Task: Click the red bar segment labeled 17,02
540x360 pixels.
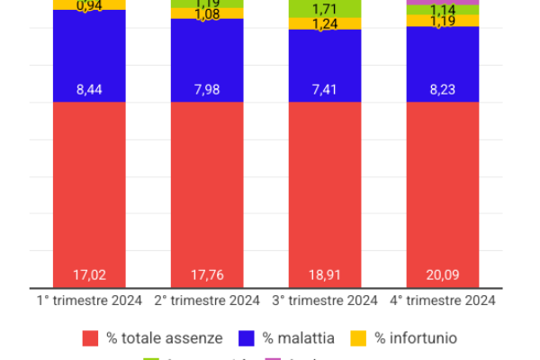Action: [x=89, y=193]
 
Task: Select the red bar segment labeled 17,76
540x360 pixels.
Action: [x=207, y=193]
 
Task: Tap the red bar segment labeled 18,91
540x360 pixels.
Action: [x=324, y=193]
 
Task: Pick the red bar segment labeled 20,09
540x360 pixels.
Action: [x=442, y=193]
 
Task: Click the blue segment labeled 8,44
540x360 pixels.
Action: [x=89, y=56]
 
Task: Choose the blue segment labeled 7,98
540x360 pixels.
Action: [x=207, y=60]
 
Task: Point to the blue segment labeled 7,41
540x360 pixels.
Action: [x=324, y=66]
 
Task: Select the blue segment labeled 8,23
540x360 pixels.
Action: [x=442, y=64]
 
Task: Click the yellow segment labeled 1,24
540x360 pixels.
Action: [x=324, y=24]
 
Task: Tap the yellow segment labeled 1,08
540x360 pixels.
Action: [x=207, y=14]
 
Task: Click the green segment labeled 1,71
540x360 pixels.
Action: [x=324, y=8]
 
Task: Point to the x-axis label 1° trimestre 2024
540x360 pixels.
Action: [x=89, y=301]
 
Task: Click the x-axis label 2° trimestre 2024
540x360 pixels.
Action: [x=207, y=301]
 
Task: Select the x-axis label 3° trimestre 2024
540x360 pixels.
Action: [x=324, y=301]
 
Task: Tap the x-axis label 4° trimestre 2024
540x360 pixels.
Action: [x=442, y=301]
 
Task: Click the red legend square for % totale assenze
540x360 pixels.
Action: [x=90, y=338]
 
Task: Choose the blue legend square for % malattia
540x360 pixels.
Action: [x=247, y=338]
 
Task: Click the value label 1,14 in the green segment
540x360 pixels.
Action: [x=442, y=10]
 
